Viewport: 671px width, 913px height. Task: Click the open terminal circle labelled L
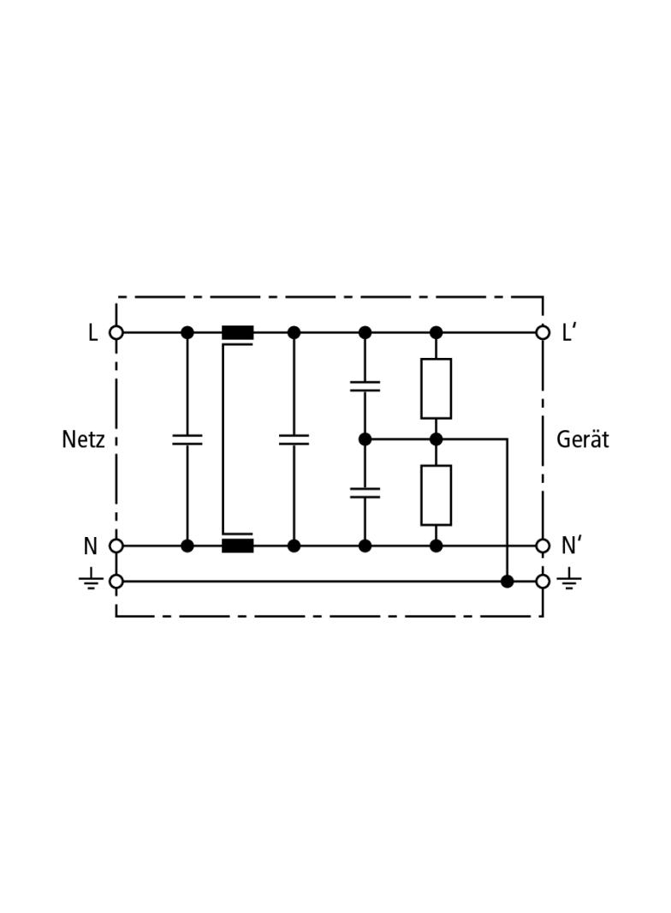pyautogui.click(x=116, y=332)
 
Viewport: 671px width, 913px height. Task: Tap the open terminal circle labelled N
pyautogui.click(x=116, y=546)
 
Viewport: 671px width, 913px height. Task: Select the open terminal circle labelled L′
pyautogui.click(x=543, y=332)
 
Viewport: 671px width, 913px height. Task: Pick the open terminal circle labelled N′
pyautogui.click(x=543, y=546)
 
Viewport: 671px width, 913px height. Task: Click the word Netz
pyautogui.click(x=83, y=439)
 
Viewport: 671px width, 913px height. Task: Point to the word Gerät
pyautogui.click(x=582, y=439)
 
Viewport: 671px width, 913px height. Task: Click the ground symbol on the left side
pyautogui.click(x=90, y=582)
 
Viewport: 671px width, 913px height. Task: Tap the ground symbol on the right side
pyautogui.click(x=569, y=582)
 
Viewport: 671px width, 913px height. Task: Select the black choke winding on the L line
pyautogui.click(x=238, y=332)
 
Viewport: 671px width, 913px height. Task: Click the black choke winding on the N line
pyautogui.click(x=238, y=546)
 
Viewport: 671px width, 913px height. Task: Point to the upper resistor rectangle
pyautogui.click(x=436, y=388)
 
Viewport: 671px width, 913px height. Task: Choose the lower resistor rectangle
pyautogui.click(x=436, y=495)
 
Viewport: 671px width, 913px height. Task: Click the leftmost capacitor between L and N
pyautogui.click(x=187, y=439)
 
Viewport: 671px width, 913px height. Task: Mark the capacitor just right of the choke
pyautogui.click(x=294, y=439)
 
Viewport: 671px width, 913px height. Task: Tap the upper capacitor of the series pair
pyautogui.click(x=365, y=385)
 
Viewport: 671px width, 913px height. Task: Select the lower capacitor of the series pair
pyautogui.click(x=365, y=492)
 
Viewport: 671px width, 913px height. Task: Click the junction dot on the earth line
pyautogui.click(x=507, y=582)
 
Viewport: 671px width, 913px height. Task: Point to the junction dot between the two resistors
pyautogui.click(x=436, y=439)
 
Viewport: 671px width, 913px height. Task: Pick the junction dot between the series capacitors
pyautogui.click(x=365, y=439)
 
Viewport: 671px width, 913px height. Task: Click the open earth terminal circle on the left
pyautogui.click(x=116, y=582)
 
